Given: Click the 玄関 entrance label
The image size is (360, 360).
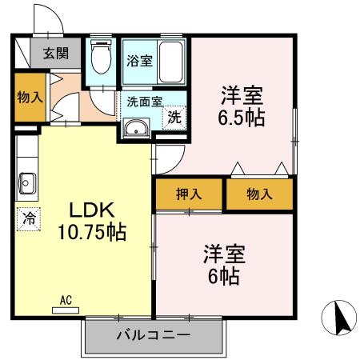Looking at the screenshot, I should (56, 55).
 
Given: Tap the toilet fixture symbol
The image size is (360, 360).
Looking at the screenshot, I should (102, 58).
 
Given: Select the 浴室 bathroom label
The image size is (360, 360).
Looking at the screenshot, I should (138, 61).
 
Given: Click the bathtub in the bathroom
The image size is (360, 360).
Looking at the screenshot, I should (171, 61).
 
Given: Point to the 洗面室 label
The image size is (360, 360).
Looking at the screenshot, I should (144, 101).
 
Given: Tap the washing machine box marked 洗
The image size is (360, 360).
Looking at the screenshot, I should (174, 115).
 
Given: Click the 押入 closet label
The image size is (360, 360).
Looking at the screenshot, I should (189, 194).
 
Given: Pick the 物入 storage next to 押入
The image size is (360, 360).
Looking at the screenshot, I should (259, 194).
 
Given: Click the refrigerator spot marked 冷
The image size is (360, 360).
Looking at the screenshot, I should (29, 216).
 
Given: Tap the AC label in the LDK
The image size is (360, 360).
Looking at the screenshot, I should (66, 300).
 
